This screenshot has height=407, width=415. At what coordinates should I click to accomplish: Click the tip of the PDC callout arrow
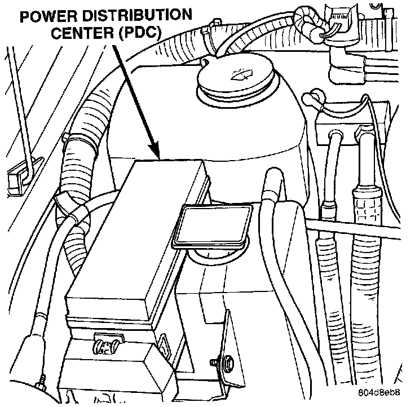point(160,156)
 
